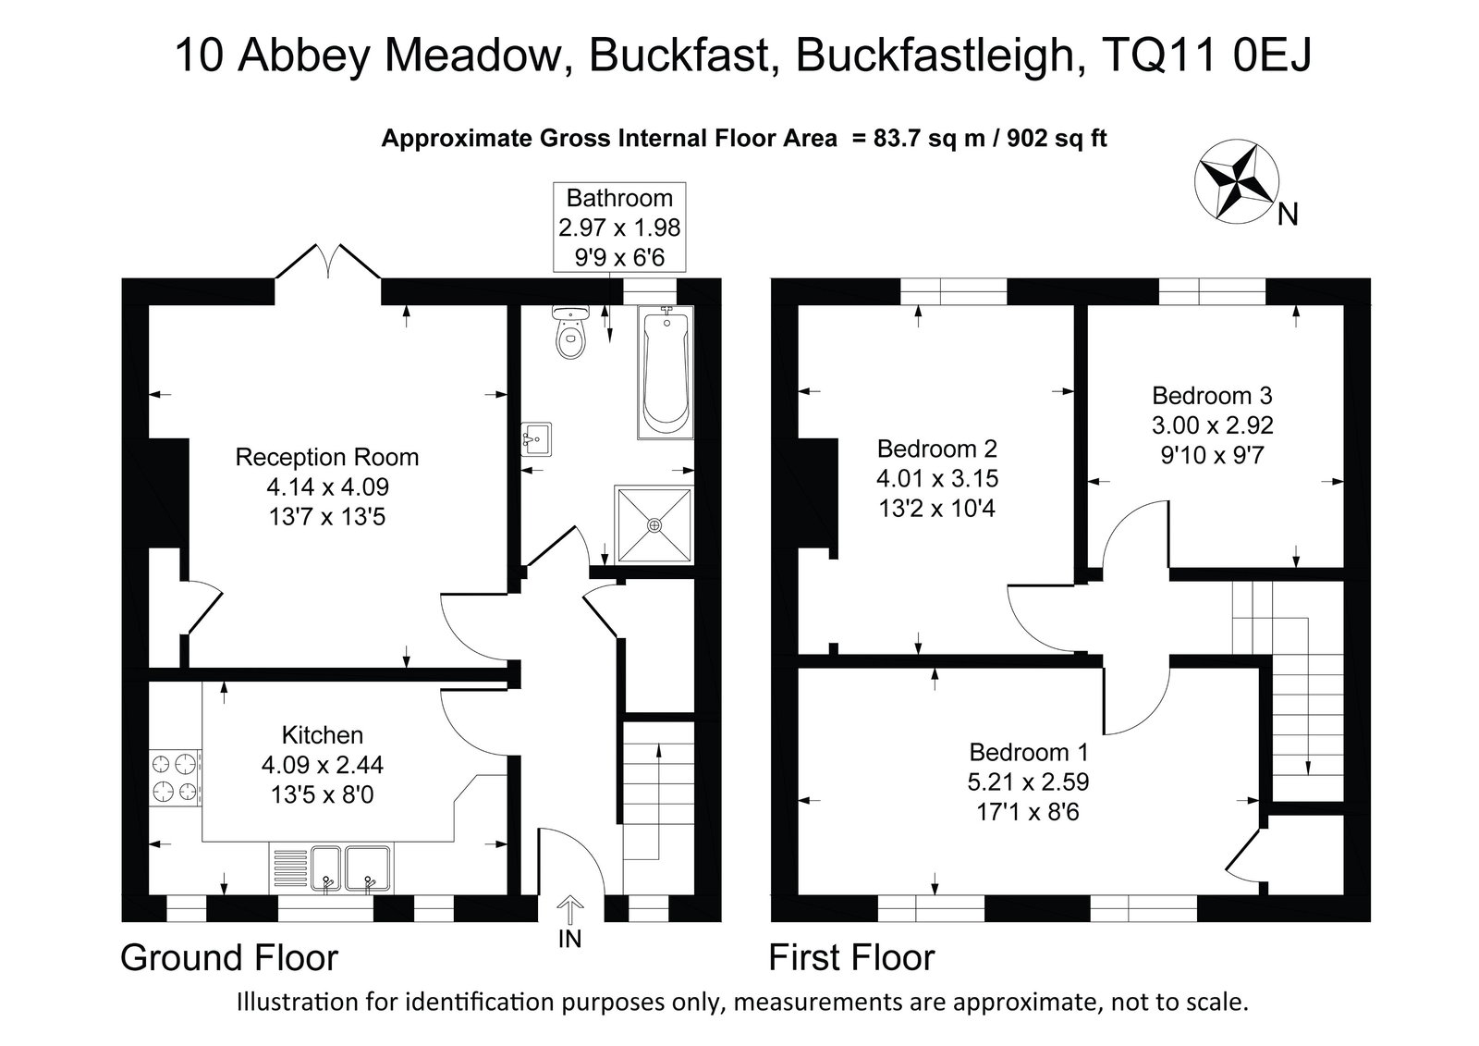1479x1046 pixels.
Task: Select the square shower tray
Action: point(654,525)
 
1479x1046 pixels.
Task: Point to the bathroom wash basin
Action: point(536,439)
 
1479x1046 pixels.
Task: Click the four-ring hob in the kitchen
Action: point(176,778)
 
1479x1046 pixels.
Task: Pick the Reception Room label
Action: point(327,457)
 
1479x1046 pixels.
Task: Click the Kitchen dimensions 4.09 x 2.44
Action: point(323,765)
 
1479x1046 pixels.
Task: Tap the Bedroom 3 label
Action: point(1212,395)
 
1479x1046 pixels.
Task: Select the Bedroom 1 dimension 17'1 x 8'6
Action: point(1027,811)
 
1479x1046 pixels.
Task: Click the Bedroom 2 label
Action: point(937,449)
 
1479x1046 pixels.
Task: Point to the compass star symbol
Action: point(1237,181)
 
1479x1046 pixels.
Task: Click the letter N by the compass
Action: point(1288,214)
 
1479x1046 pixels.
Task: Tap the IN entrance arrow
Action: point(569,910)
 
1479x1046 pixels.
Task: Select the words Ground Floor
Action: point(229,957)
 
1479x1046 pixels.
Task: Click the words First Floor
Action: point(851,957)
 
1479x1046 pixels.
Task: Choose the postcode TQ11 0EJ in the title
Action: point(1206,55)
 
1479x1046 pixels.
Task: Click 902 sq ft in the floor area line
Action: point(1057,138)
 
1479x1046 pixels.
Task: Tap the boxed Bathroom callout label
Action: point(619,228)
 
